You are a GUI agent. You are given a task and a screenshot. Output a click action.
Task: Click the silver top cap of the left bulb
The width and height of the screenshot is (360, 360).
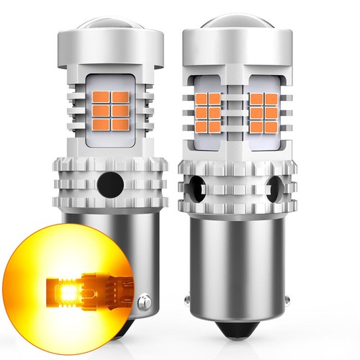tap(107, 45)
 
